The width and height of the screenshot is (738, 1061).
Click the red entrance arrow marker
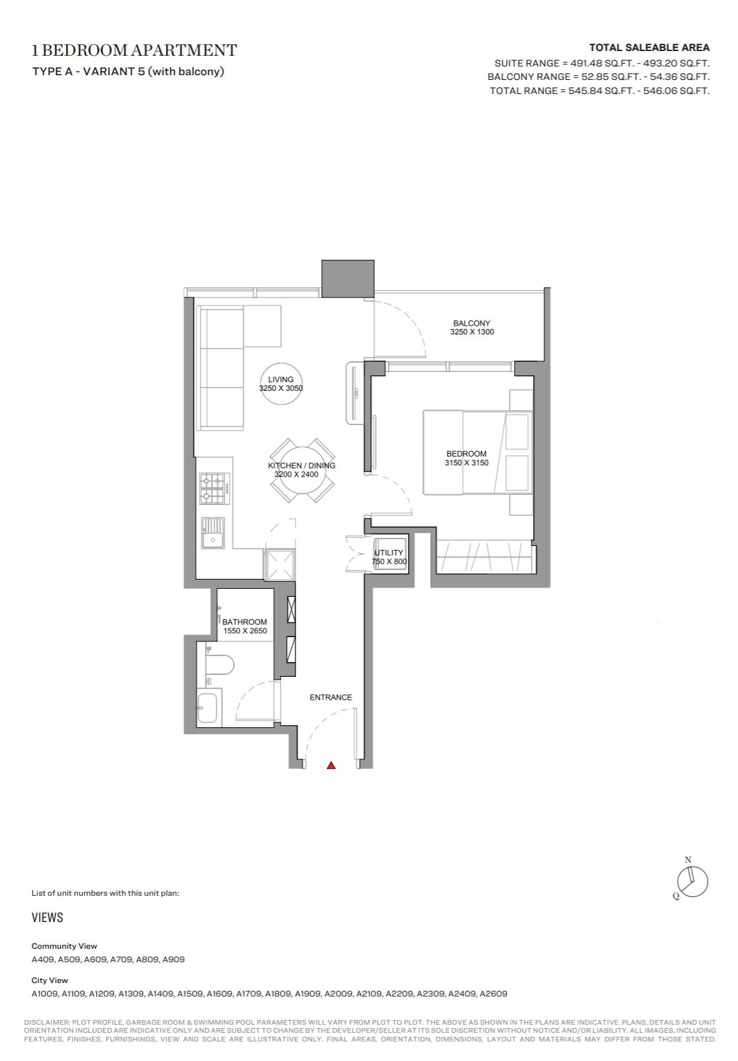pos(331,765)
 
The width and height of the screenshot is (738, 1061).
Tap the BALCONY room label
pos(471,323)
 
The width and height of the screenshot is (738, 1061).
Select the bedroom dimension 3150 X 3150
pos(466,463)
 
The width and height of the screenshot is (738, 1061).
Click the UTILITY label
pos(388,553)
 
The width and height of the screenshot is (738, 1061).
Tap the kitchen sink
pos(213,533)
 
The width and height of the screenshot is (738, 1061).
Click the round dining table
pos(302,470)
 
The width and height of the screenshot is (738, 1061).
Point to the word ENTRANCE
pos(331,697)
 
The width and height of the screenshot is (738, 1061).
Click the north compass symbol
pos(692,882)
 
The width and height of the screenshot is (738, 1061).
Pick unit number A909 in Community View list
pos(173,959)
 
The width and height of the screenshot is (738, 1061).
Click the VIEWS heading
pos(47,917)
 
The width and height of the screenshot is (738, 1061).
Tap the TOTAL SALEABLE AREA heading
pos(649,48)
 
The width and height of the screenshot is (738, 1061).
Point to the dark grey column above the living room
pos(348,279)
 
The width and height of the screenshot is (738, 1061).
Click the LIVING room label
pos(280,379)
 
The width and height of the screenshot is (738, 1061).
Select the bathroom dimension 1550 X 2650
pos(245,631)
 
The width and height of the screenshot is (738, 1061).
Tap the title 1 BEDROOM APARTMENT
pos(134,50)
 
